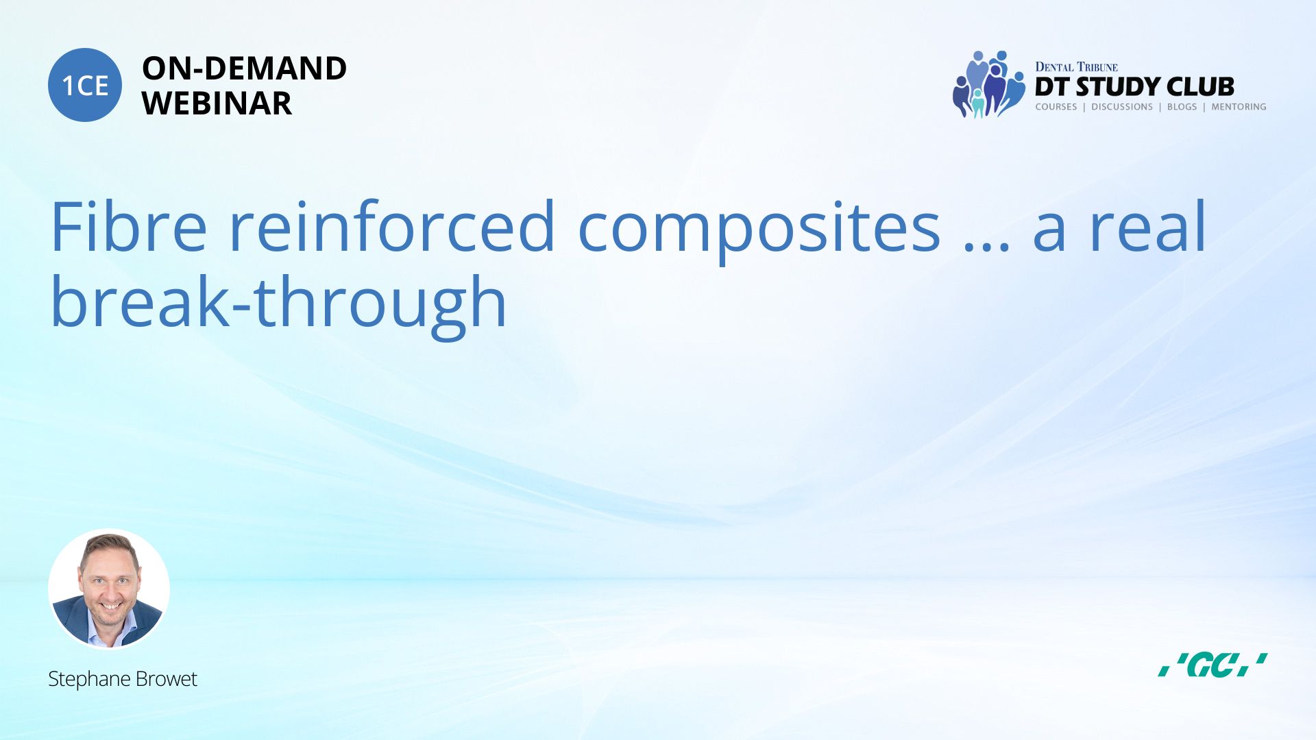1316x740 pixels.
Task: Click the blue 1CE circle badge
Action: tap(85, 85)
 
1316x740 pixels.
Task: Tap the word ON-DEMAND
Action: tap(244, 69)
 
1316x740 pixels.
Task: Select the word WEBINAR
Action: tap(217, 103)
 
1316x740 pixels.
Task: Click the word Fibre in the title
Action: tap(129, 227)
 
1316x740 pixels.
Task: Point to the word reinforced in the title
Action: tap(391, 227)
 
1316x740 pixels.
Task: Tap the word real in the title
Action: tap(1147, 227)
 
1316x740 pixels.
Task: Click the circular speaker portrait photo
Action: tap(109, 589)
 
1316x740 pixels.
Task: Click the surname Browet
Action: tap(167, 678)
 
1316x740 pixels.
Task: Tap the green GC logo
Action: tap(1213, 665)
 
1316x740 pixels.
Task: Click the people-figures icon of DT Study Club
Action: tap(988, 84)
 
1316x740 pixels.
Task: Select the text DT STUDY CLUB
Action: tap(1134, 87)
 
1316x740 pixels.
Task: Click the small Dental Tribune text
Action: tap(1076, 67)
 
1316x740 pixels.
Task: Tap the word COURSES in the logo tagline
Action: tap(1056, 107)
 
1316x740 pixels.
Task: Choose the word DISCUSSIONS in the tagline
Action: tap(1122, 107)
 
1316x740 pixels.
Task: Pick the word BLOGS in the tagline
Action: tap(1182, 107)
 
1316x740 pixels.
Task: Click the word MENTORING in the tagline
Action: tap(1239, 107)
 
